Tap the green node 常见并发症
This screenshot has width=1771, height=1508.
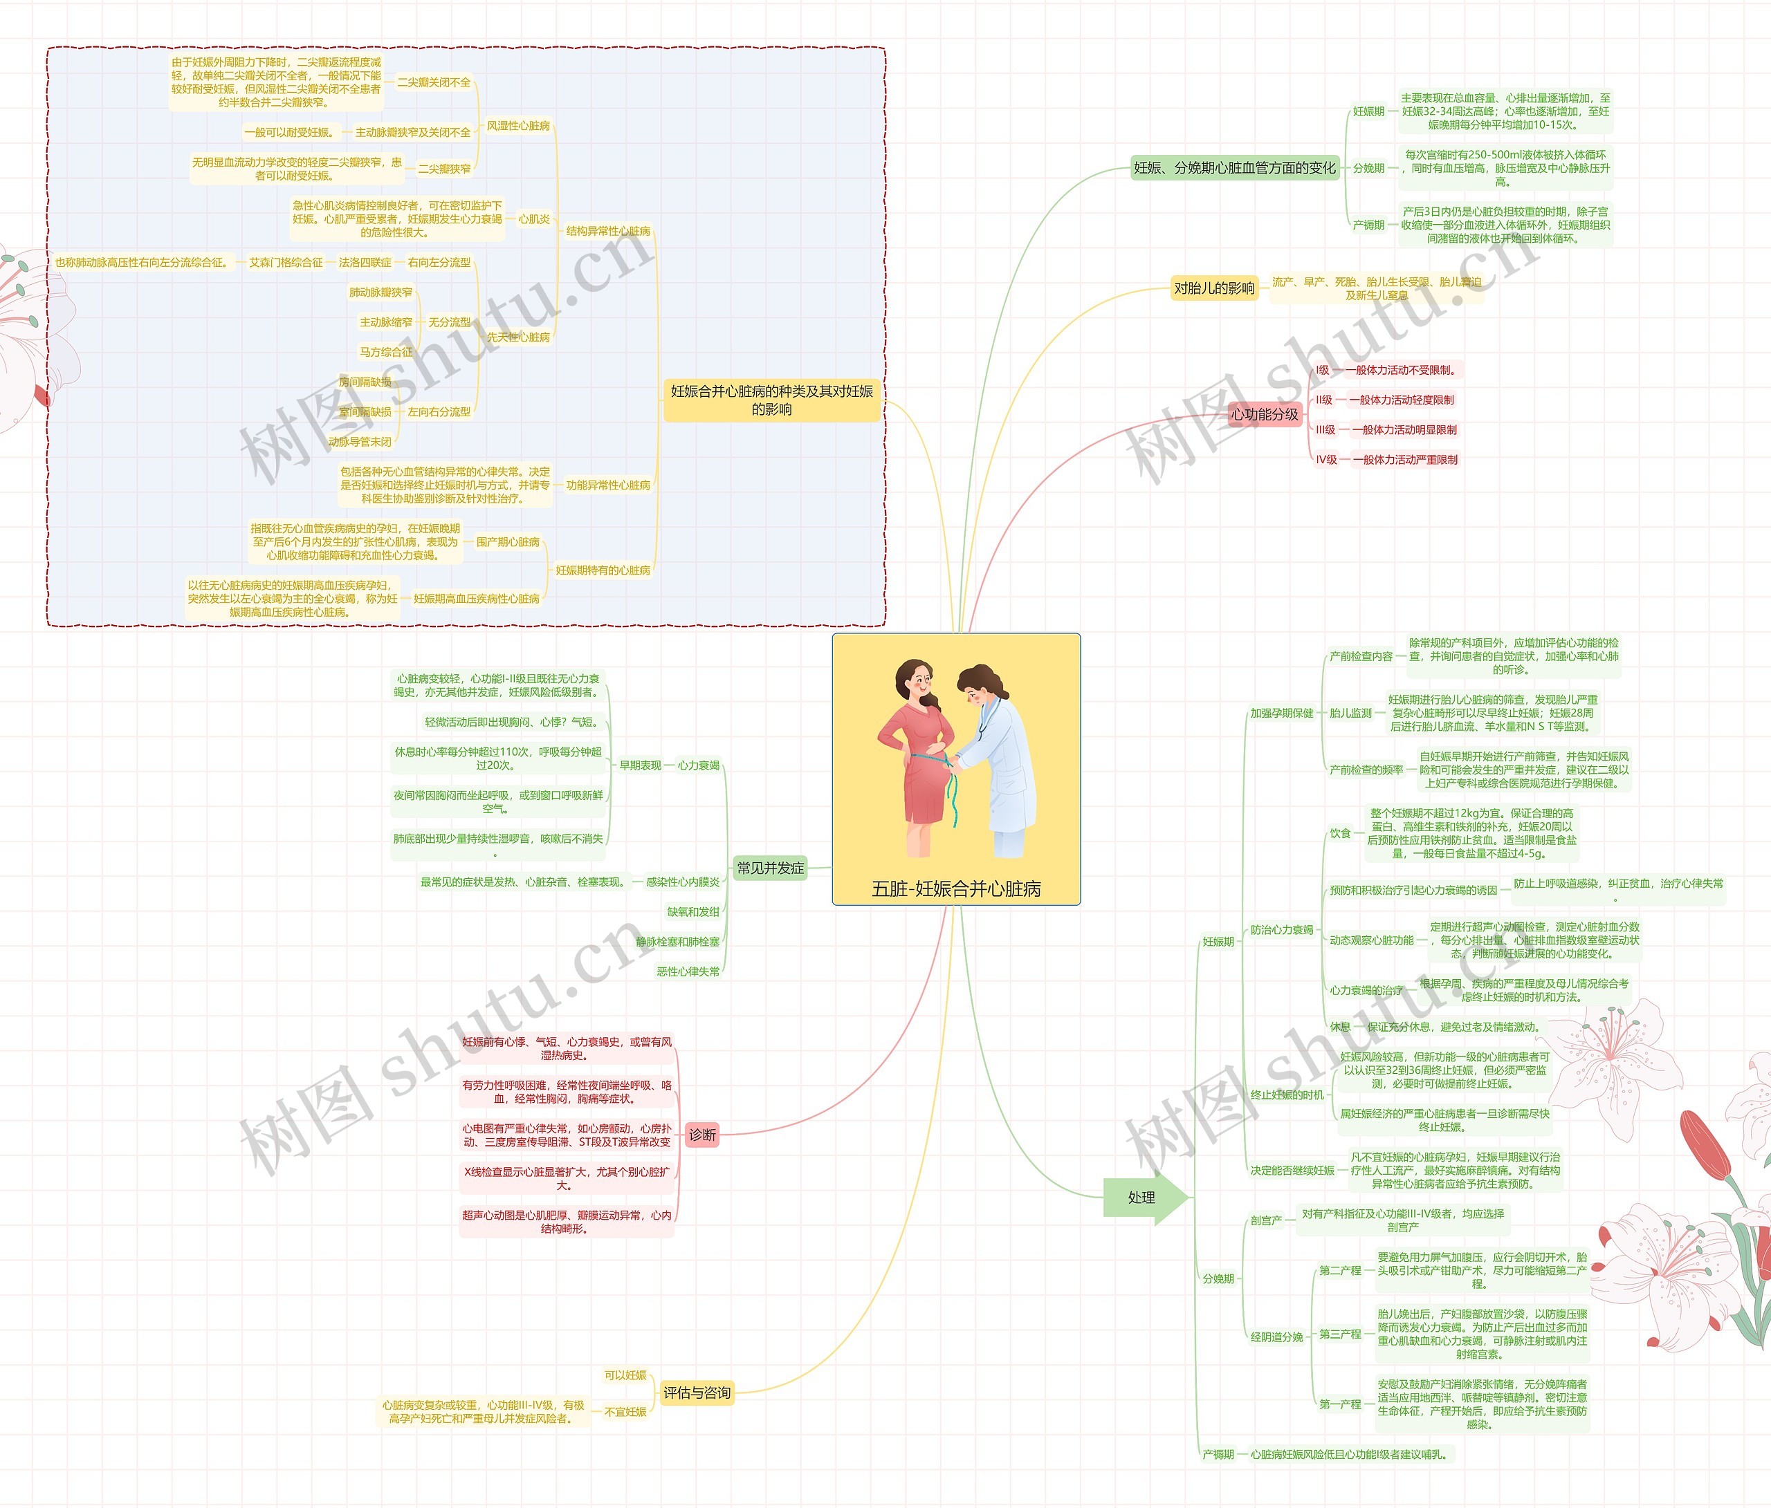(770, 868)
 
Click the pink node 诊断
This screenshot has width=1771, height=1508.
(701, 1135)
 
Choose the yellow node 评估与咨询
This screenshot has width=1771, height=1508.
(697, 1393)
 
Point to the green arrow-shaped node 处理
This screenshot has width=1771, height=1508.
(1143, 1198)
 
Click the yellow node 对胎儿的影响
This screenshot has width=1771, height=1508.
(1213, 288)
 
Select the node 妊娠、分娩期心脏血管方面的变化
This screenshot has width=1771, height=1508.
(1233, 168)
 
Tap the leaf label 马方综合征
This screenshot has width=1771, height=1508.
(385, 352)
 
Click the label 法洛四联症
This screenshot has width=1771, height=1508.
(365, 262)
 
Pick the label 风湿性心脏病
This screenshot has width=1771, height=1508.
(518, 126)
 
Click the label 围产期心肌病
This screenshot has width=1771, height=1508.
(508, 541)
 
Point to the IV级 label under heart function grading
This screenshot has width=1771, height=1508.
(1327, 460)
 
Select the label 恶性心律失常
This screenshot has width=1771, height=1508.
(688, 971)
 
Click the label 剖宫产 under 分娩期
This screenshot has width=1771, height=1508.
(1266, 1220)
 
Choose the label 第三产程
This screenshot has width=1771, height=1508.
(1340, 1334)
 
